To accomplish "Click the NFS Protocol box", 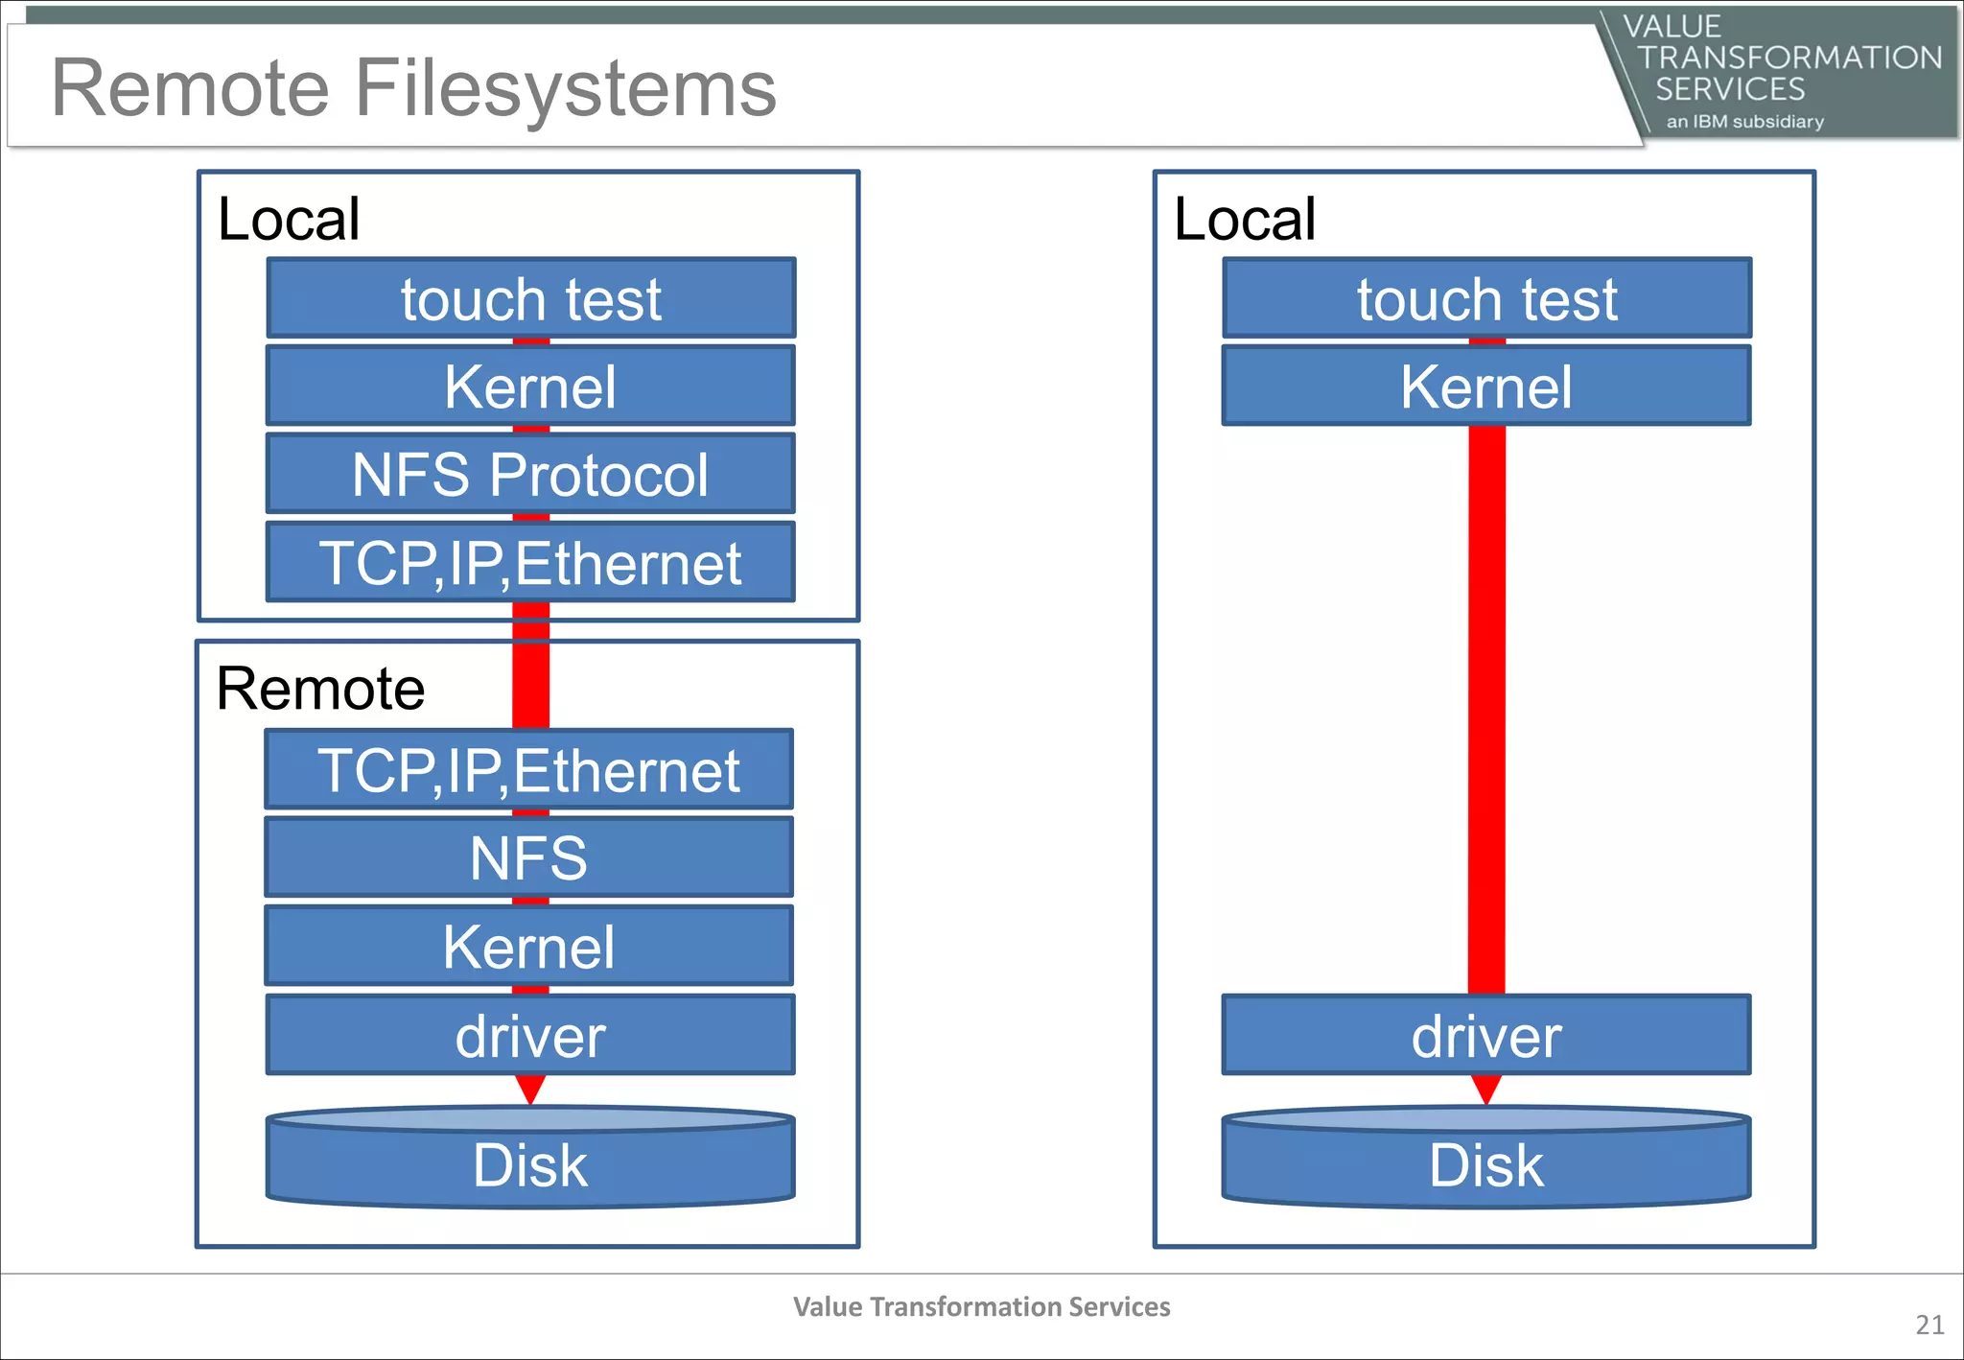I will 530,474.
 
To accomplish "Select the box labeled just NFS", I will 528,857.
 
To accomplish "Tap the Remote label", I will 320,689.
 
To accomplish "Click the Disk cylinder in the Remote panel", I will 530,1162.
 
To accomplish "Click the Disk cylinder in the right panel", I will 1485,1162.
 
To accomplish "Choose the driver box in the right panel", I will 1485,1036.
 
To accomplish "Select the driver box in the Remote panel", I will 530,1036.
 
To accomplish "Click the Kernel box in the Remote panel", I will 528,947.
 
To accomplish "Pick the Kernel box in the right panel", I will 1485,387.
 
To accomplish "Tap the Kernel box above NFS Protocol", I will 530,387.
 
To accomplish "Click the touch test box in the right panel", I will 1486,298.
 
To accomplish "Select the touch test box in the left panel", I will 530,298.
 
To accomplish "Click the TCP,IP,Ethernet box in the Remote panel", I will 528,770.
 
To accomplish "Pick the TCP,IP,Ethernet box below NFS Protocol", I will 530,563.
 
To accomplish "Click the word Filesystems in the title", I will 566,88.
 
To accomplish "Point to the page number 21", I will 1929,1325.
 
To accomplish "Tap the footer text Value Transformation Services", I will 981,1306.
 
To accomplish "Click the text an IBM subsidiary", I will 1744,122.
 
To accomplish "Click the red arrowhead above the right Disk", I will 1485,1089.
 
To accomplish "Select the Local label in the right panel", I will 1244,219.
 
